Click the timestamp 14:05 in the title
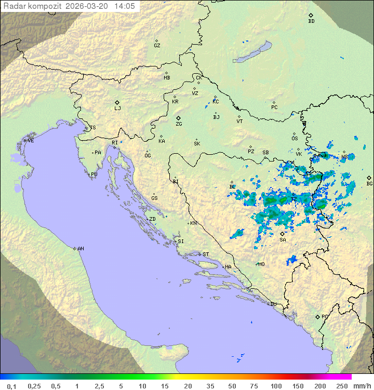point(124,6)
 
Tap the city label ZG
point(179,124)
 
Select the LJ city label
point(117,109)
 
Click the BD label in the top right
point(311,21)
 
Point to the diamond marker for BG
point(369,178)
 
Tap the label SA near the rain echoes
point(283,240)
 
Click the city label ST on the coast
point(206,254)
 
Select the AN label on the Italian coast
point(81,249)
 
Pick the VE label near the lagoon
point(31,141)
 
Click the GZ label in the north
point(157,46)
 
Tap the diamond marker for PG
point(317,316)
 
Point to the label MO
point(261,264)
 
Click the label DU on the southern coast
point(273,304)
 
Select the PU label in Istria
point(94,174)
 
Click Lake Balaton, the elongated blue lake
point(252,52)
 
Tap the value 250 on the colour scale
point(341,386)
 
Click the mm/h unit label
point(362,386)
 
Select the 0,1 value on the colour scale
point(11,386)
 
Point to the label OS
point(295,139)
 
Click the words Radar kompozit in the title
point(32,6)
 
